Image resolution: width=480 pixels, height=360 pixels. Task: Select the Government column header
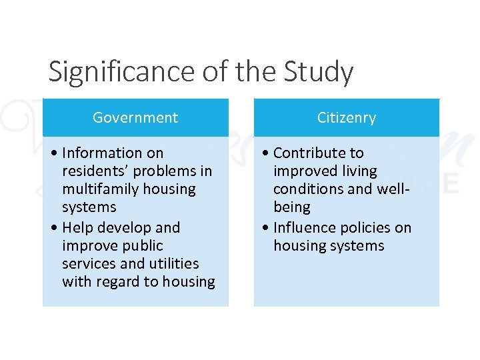click(135, 118)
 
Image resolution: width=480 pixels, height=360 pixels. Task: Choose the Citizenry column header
click(347, 118)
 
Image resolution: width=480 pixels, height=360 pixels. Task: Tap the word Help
click(78, 228)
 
